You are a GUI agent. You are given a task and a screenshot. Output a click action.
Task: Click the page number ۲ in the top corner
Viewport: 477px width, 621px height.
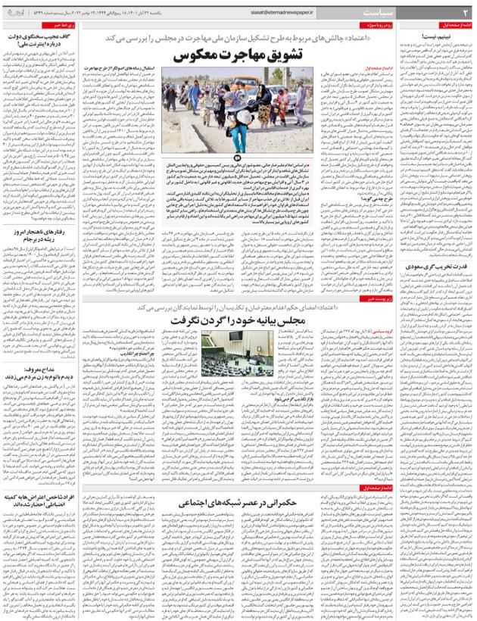[x=466, y=12]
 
